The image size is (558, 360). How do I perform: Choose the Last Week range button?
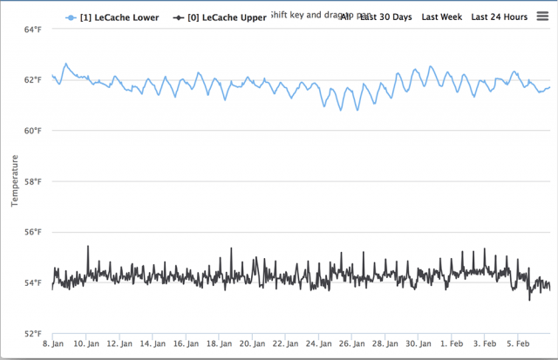coord(441,17)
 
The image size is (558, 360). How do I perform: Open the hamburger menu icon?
coord(541,16)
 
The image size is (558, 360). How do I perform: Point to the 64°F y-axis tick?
coord(32,30)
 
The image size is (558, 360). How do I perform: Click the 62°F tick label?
coord(32,80)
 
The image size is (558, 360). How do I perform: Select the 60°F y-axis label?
coord(32,131)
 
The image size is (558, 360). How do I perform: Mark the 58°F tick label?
coord(32,181)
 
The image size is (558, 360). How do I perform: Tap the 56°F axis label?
coord(32,232)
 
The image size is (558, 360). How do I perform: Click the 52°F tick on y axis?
coord(32,334)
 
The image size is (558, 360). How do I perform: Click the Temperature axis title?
coord(14,181)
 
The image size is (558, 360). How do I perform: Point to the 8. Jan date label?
coord(53,344)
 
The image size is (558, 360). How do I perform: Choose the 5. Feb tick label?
coord(520,344)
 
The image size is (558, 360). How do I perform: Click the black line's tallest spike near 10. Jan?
coord(87,247)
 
